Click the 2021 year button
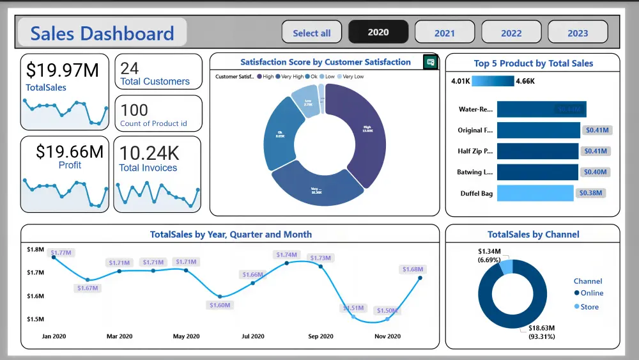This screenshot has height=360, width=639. click(445, 33)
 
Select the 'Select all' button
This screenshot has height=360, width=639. click(312, 33)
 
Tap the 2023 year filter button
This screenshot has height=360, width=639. click(578, 33)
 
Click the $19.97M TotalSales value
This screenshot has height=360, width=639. click(63, 70)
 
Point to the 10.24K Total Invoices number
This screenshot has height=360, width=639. click(150, 153)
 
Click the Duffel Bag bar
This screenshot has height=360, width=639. click(535, 193)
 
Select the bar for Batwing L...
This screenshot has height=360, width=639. click(537, 172)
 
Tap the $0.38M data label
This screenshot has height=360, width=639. click(591, 193)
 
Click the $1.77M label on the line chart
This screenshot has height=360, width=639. click(62, 253)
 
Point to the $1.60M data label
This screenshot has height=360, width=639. click(220, 305)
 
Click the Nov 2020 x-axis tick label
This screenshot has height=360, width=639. click(387, 336)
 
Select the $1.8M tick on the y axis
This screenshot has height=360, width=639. click(35, 249)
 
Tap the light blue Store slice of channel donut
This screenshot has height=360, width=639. click(506, 266)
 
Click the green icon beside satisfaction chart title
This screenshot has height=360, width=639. click(431, 62)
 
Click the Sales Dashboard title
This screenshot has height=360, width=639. click(102, 33)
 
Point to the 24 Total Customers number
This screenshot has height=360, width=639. click(130, 68)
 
